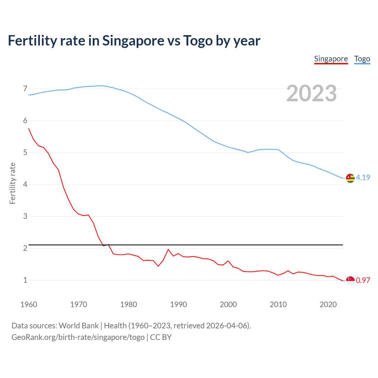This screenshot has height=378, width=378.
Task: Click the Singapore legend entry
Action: click(331, 59)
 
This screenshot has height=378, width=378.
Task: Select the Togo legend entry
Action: click(362, 59)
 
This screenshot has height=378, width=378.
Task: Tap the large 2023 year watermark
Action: click(312, 93)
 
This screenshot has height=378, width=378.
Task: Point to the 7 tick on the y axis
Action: click(25, 89)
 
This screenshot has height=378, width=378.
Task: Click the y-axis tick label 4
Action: click(25, 185)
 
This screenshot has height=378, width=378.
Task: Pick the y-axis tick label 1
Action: click(25, 280)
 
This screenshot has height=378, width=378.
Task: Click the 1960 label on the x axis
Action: click(29, 304)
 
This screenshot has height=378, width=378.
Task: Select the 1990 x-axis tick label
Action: click(178, 304)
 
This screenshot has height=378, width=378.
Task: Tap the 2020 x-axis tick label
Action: click(328, 304)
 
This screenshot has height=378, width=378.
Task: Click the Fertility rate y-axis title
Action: click(12, 183)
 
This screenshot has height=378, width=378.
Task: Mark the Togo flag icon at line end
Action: click(350, 178)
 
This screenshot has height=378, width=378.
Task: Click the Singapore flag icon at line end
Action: click(350, 281)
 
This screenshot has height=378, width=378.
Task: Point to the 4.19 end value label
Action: click(363, 177)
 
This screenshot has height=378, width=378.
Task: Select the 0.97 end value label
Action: click(363, 280)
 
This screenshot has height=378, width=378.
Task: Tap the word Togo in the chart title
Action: click(198, 41)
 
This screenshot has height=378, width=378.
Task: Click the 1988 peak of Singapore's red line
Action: click(168, 250)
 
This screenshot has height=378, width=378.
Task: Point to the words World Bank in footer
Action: click(79, 326)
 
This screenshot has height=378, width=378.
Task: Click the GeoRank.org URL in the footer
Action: click(78, 337)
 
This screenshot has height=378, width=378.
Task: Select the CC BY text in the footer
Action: click(161, 337)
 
